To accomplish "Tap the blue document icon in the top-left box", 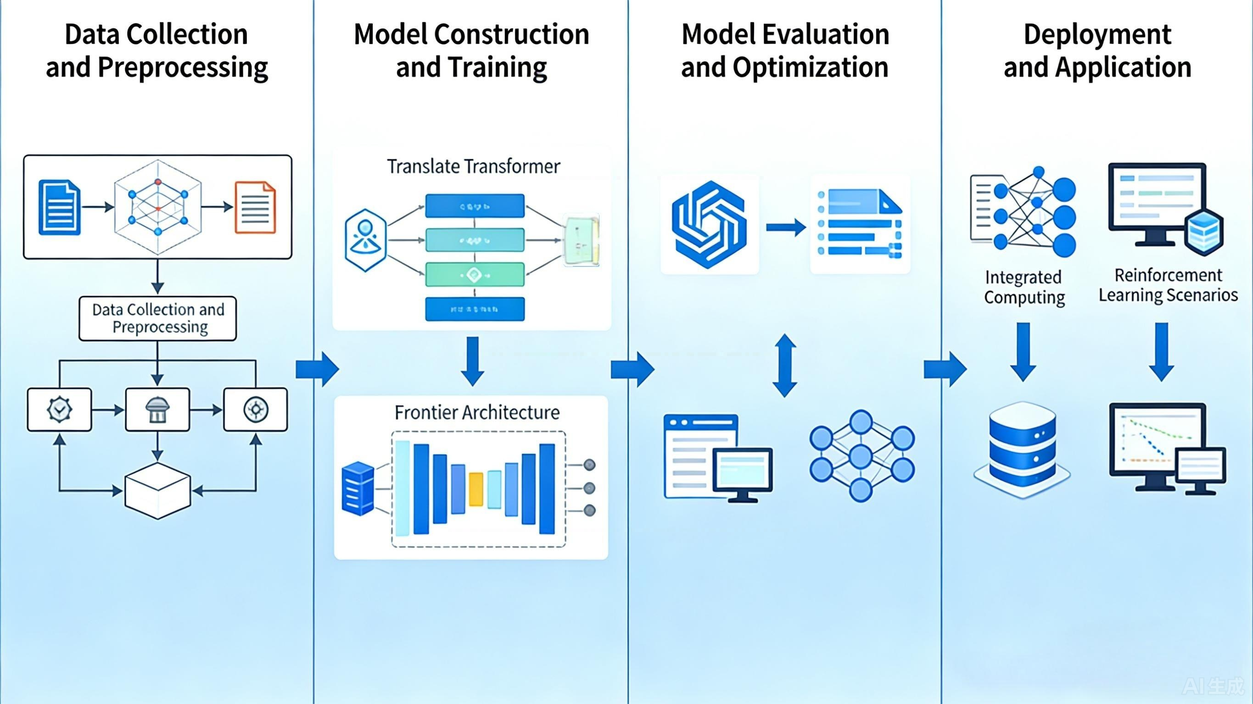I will tap(59, 208).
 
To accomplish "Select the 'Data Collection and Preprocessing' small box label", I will tap(158, 318).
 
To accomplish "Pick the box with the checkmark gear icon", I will tap(59, 410).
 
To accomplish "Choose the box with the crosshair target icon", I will tap(255, 410).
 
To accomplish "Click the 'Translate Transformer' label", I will tap(473, 167).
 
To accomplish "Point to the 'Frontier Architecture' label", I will tap(477, 413).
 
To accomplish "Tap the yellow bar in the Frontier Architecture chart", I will tap(475, 488).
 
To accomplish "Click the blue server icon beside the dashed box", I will tap(358, 488).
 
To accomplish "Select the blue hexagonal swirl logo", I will tap(709, 225).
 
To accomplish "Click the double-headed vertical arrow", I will tap(784, 365).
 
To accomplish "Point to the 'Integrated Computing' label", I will tap(1024, 287).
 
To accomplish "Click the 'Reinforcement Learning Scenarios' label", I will tap(1168, 285).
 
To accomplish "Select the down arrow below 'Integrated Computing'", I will tap(1024, 351).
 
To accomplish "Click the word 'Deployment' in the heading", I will tap(1097, 34).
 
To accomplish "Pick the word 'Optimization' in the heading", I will tap(811, 67).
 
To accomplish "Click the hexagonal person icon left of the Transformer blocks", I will tap(365, 240).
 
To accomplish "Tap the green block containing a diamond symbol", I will tap(475, 275).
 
